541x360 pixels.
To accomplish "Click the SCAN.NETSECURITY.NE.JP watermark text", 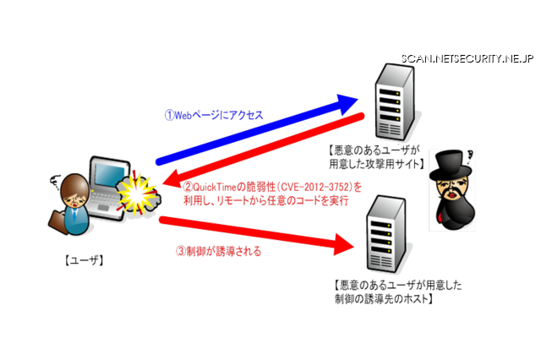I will click(467, 58).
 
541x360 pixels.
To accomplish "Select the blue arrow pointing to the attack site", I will click(254, 132).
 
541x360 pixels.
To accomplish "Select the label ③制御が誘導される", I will click(217, 251).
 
